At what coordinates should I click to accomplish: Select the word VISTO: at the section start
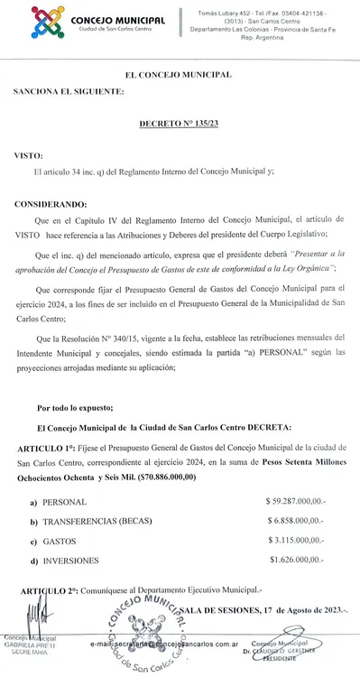click(27, 155)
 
